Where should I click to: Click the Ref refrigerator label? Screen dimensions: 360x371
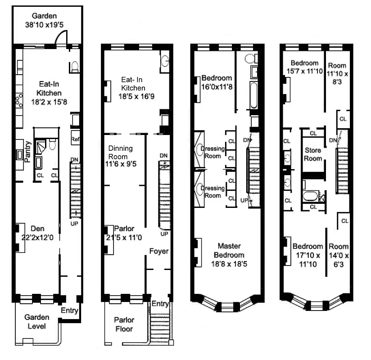coord(75,140)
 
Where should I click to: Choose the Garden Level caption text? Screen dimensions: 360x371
coord(37,321)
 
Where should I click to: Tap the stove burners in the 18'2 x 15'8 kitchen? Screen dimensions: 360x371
coord(19,100)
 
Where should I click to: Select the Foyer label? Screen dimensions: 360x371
coord(159,251)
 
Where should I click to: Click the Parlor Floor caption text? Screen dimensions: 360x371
coord(125,325)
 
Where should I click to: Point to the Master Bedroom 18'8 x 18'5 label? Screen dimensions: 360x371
coord(230,251)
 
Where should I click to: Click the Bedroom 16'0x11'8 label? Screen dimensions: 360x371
coord(217,81)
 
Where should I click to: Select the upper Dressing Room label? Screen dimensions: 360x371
coord(211,153)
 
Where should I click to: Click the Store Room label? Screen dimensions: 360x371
coord(313,154)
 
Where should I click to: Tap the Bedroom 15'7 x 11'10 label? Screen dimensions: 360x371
coord(304,67)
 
